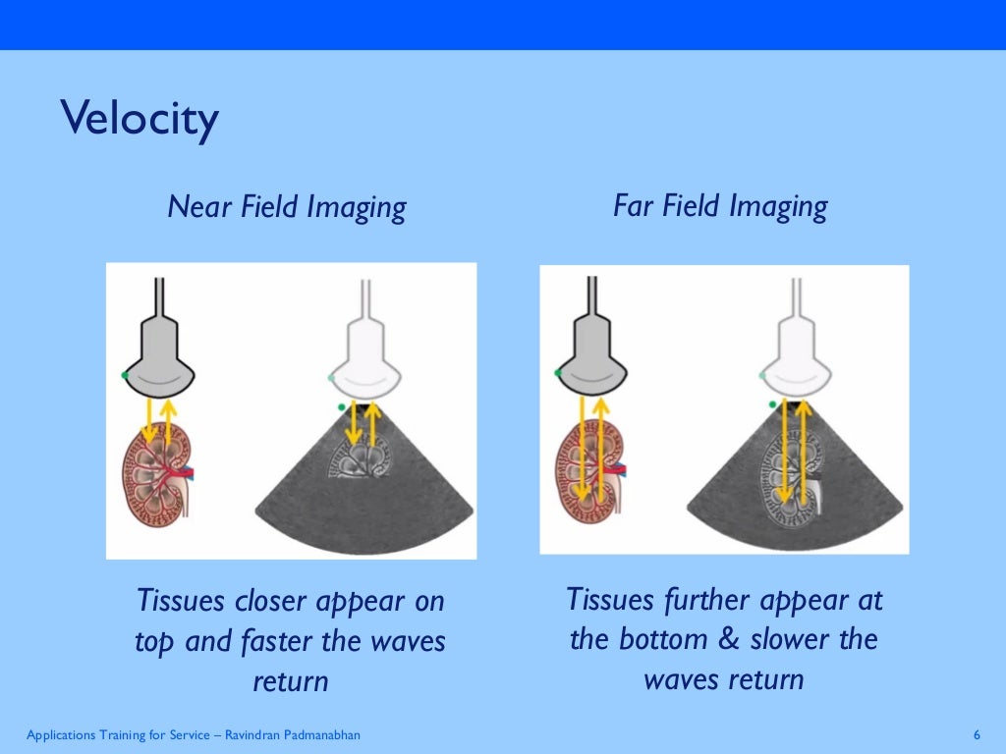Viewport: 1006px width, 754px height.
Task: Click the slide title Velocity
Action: [139, 120]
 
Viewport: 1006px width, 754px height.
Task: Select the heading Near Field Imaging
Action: [286, 207]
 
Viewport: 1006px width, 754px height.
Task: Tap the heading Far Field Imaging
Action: [719, 206]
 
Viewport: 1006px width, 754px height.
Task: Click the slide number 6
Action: [977, 735]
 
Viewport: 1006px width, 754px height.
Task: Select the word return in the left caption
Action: [290, 680]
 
